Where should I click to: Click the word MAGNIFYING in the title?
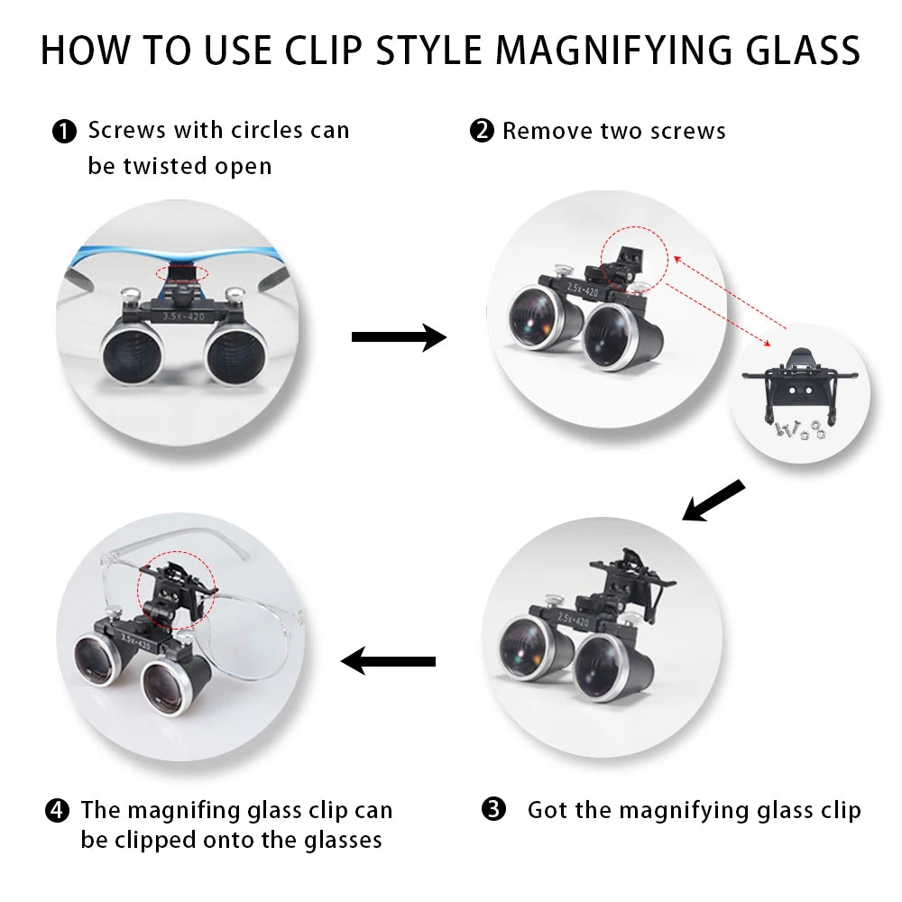pos(615,50)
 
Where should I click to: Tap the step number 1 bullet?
pos(64,132)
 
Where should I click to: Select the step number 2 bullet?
pos(482,131)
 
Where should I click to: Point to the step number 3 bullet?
pos(493,809)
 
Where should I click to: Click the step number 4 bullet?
pos(57,811)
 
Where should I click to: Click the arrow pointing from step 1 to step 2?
pos(399,337)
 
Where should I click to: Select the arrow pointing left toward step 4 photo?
pos(388,661)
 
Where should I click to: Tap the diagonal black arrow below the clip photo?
pos(713,501)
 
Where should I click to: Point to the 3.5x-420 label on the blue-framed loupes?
pos(183,317)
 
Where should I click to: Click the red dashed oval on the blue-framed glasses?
pos(182,274)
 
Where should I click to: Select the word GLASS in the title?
pos(803,50)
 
